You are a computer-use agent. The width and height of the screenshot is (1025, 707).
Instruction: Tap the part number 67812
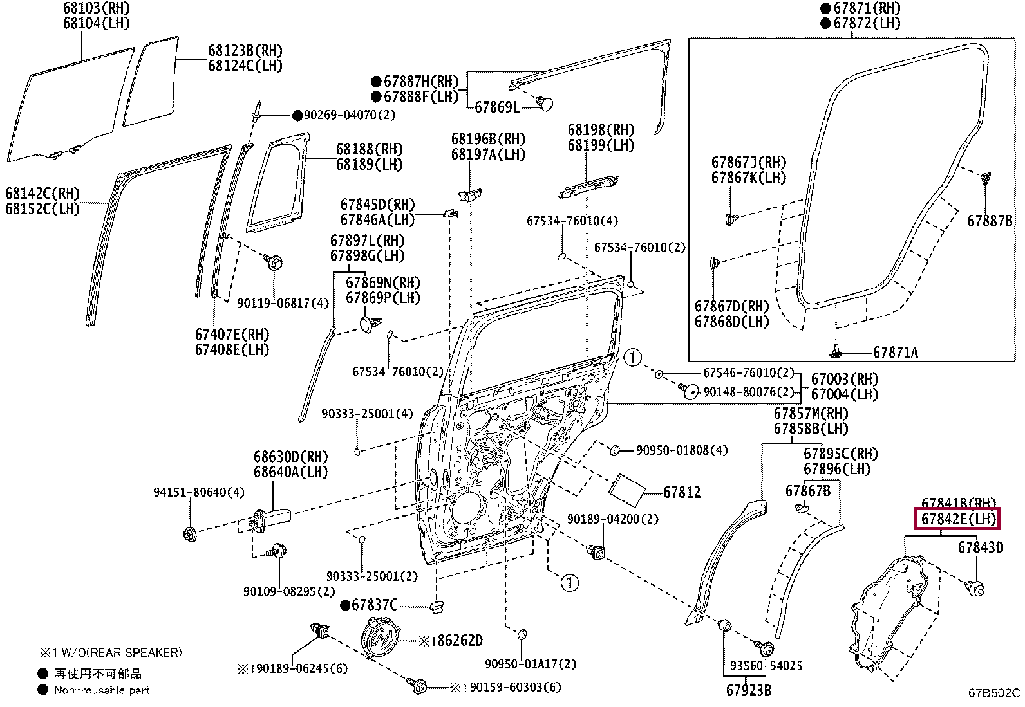pyautogui.click(x=682, y=492)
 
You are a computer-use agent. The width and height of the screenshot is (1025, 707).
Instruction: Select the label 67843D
pyautogui.click(x=981, y=547)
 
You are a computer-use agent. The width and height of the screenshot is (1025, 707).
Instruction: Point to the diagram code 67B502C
pyautogui.click(x=994, y=693)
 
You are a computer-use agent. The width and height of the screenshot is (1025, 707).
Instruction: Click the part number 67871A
pyautogui.click(x=896, y=352)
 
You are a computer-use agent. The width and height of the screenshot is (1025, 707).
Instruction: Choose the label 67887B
pyautogui.click(x=990, y=221)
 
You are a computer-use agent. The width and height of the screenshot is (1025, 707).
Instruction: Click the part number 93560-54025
pyautogui.click(x=766, y=665)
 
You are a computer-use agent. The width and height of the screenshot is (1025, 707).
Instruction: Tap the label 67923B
pyautogui.click(x=749, y=690)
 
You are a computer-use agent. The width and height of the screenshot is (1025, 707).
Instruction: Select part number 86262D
pyautogui.click(x=460, y=641)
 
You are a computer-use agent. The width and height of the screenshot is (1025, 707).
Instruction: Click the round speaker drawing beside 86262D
pyautogui.click(x=379, y=638)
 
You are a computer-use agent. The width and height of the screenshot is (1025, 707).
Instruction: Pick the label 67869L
pyautogui.click(x=497, y=107)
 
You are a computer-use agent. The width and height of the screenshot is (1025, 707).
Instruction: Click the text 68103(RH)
pyautogui.click(x=96, y=8)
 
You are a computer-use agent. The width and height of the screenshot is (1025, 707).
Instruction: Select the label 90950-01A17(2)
pyautogui.click(x=531, y=663)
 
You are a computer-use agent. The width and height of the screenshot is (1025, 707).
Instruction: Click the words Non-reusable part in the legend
pyautogui.click(x=102, y=690)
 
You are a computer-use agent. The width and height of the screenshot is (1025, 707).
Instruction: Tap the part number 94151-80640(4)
pyautogui.click(x=198, y=492)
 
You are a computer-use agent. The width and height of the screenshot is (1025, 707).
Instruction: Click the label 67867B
pyautogui.click(x=808, y=491)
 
